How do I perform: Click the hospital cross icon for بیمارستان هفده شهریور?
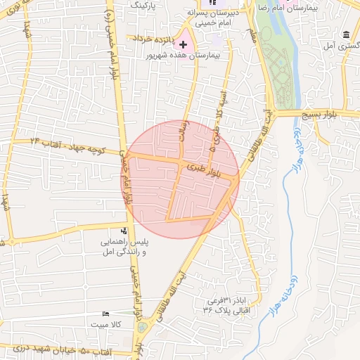(184, 44)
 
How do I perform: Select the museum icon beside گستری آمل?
(346, 34)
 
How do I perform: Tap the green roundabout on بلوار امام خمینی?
(143, 327)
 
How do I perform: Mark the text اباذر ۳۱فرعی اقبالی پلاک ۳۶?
(226, 303)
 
